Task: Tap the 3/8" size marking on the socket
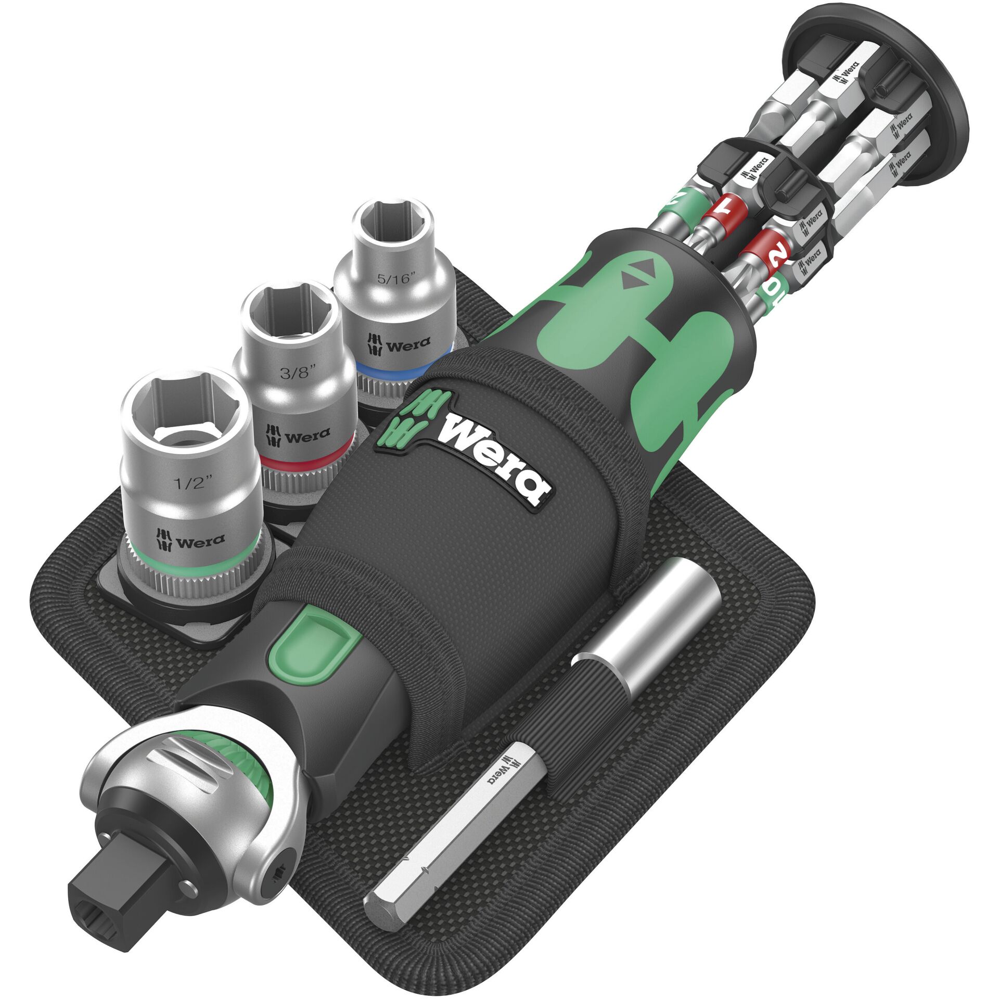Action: point(298,373)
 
